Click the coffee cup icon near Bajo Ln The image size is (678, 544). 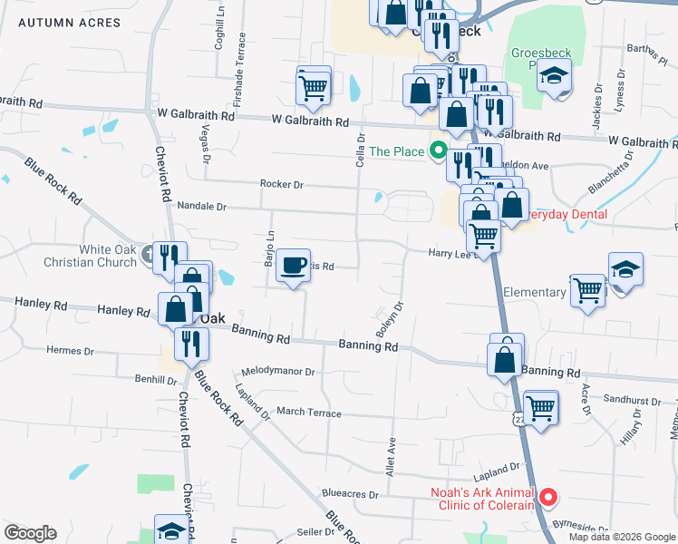point(293,265)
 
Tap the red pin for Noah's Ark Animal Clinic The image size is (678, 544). point(547,498)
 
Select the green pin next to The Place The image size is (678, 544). point(438,151)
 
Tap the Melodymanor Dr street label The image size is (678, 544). point(277,372)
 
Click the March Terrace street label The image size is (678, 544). point(309,412)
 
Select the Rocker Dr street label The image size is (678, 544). point(281,184)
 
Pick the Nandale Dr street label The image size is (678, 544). point(201,207)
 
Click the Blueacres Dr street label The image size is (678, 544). point(349,493)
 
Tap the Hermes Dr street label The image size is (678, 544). point(70,351)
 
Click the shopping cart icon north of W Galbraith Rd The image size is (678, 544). point(313,87)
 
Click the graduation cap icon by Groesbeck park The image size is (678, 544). point(553,78)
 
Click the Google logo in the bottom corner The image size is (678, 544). point(30,533)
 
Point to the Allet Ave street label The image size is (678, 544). point(392,458)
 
